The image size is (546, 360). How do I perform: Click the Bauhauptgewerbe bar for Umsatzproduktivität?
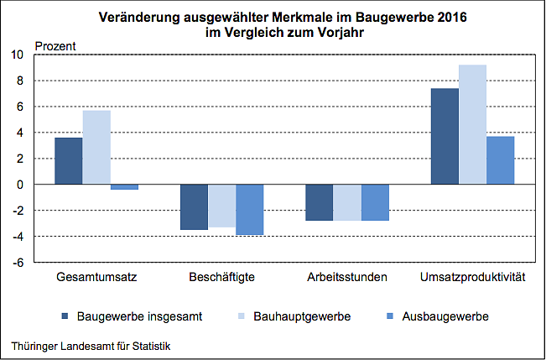click(472, 124)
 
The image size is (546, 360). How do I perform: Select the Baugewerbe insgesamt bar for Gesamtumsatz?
click(69, 160)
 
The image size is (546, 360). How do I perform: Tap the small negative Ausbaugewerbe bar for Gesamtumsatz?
click(124, 187)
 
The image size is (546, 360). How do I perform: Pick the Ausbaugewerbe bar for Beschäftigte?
click(249, 209)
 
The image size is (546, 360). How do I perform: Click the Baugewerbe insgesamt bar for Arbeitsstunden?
click(319, 202)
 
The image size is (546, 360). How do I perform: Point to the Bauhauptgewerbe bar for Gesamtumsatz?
click(96, 147)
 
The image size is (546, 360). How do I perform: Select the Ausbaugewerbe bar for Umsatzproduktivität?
click(500, 159)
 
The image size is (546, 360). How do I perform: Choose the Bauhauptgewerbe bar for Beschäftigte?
click(221, 206)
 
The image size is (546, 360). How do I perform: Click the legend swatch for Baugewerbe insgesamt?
click(65, 316)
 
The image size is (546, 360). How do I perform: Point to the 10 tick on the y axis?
click(18, 55)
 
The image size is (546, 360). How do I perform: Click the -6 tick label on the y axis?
click(18, 262)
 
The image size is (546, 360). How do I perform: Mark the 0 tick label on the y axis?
click(21, 185)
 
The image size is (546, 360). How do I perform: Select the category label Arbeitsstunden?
click(347, 277)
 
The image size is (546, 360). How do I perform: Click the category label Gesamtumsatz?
click(96, 277)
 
